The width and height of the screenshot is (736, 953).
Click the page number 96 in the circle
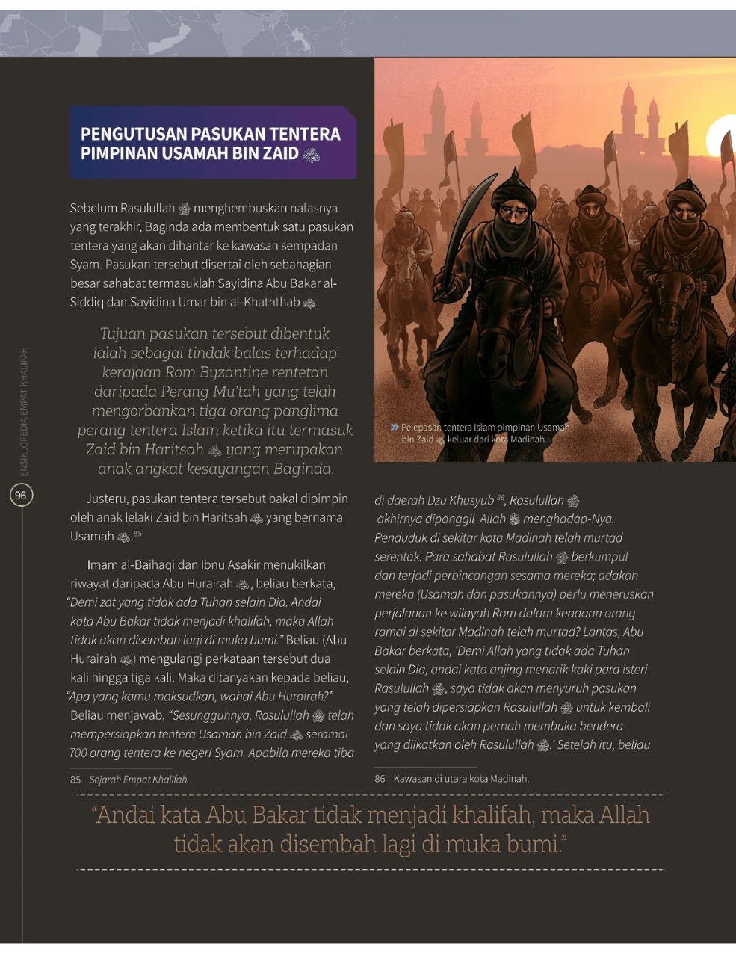[x=20, y=495]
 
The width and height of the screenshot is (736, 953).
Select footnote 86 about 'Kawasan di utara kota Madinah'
[x=451, y=778]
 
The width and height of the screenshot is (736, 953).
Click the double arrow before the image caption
[x=394, y=427]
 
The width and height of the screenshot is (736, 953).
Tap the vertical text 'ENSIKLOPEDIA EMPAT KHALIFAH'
[x=23, y=411]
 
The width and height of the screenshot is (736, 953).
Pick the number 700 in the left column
[x=78, y=753]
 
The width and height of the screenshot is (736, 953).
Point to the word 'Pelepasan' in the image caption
[x=423, y=428]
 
